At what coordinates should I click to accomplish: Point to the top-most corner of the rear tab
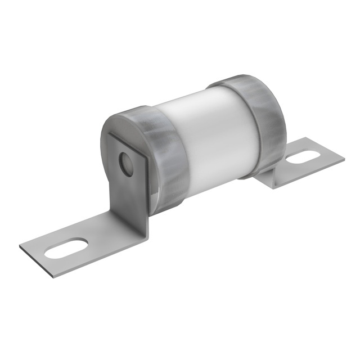pyautogui.click(x=304, y=138)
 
